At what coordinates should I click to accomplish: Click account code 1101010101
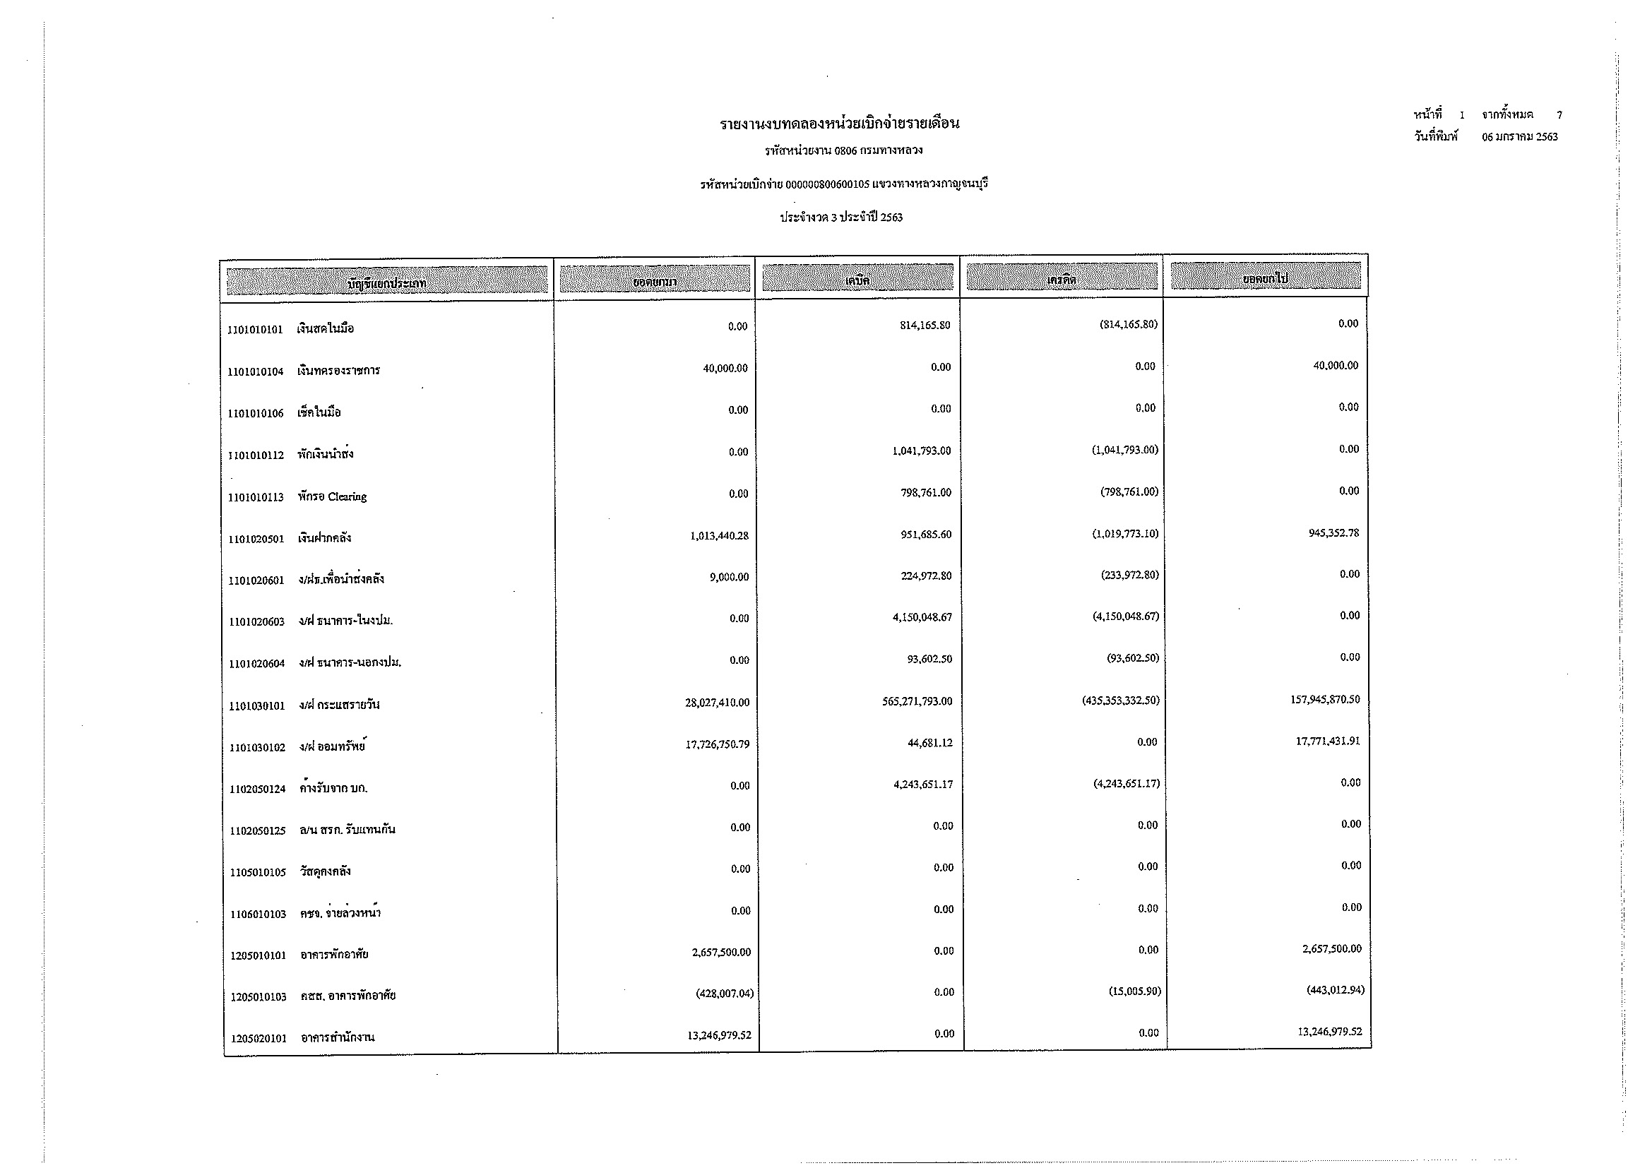255,330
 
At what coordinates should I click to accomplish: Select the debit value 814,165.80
925,326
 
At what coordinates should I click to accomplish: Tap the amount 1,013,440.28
719,536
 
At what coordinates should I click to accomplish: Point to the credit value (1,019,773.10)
1124,535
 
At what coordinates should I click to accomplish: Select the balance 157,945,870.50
1324,700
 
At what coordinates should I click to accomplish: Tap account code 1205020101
259,1039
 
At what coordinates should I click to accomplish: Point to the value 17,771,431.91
1328,741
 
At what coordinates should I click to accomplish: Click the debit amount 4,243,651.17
923,785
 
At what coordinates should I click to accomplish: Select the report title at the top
839,124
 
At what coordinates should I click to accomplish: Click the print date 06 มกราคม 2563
1520,138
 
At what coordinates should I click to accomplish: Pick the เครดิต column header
1062,280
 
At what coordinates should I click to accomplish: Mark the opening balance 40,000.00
725,369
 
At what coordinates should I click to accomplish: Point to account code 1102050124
258,789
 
